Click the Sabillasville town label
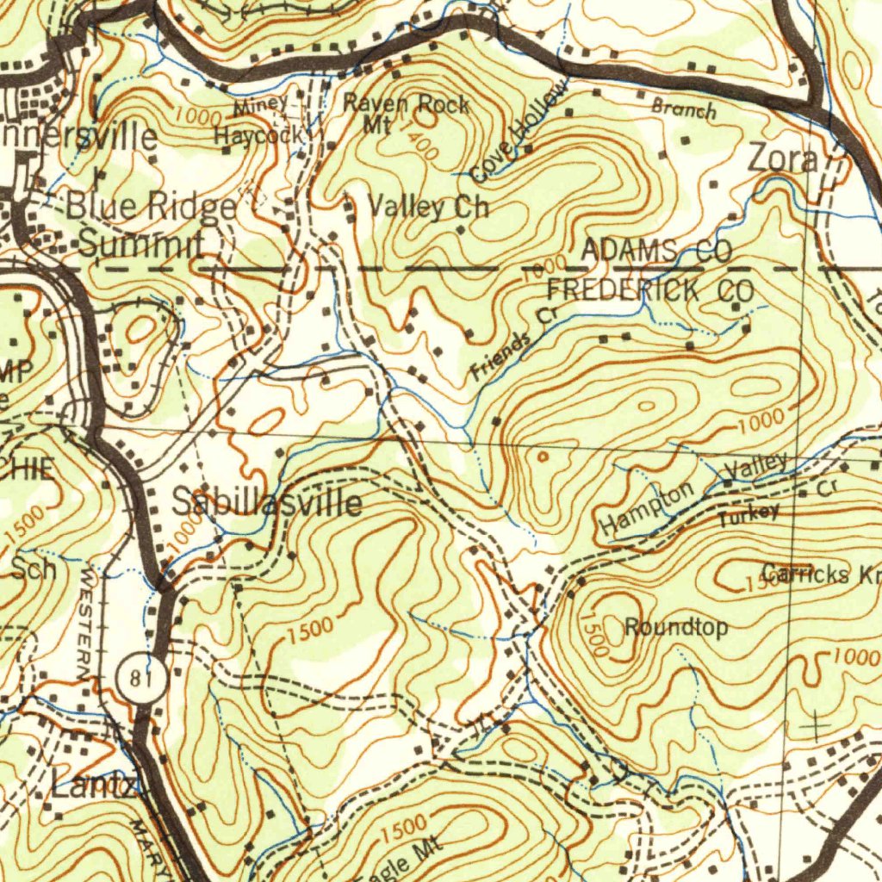click(266, 503)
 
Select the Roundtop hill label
click(675, 627)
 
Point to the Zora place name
click(782, 159)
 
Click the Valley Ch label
click(428, 208)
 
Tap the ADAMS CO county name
click(656, 251)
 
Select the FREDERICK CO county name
click(649, 290)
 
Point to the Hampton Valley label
click(693, 495)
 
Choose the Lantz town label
click(93, 786)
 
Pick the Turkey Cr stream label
click(749, 515)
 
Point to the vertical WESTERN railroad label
click(89, 621)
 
